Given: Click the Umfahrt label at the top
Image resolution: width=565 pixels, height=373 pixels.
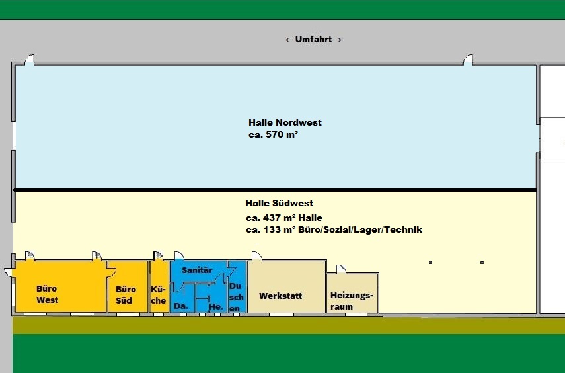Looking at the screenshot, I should point(313,40).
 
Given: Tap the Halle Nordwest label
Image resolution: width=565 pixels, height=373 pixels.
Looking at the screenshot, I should point(285,122).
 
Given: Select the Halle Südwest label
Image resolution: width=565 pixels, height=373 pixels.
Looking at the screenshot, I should point(279,203).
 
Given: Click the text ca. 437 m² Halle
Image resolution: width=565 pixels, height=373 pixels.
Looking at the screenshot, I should point(283,218).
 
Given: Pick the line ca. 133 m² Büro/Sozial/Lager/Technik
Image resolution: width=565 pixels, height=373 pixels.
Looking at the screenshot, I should point(333,229).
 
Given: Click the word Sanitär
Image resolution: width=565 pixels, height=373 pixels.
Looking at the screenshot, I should point(196,270).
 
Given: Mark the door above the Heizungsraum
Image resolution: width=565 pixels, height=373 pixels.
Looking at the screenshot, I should point(340,269).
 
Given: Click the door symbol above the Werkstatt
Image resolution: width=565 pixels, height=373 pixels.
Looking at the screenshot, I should point(256,255).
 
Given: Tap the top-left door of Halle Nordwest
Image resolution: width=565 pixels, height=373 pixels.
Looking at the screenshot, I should point(29,60).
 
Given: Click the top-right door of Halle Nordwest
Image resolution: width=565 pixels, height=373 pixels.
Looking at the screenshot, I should point(468,60).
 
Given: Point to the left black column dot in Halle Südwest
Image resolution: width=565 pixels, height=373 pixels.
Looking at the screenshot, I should point(430,263).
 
